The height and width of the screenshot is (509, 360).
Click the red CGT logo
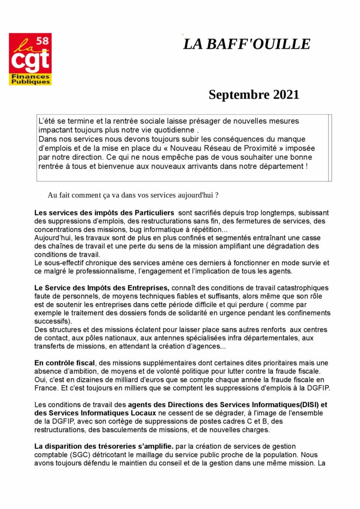(x=30, y=59)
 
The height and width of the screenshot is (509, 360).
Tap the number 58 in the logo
(x=43, y=41)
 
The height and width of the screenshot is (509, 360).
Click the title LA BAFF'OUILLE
(x=247, y=44)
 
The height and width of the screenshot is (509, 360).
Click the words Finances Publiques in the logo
(x=30, y=79)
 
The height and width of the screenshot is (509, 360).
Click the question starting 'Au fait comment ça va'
(x=133, y=195)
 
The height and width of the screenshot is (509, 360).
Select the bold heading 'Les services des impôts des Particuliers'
(x=104, y=213)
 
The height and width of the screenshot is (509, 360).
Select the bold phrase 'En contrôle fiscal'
(x=65, y=362)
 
